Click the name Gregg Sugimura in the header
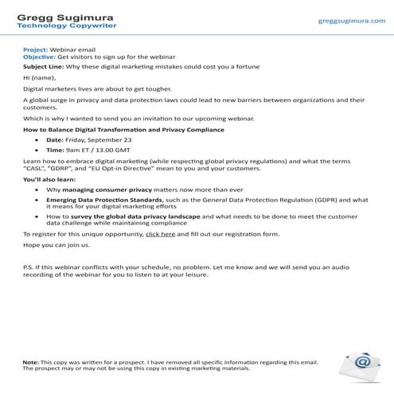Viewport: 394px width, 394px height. coord(60,15)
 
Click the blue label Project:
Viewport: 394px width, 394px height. coord(36,49)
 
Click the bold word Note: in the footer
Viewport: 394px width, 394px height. coord(30,362)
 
